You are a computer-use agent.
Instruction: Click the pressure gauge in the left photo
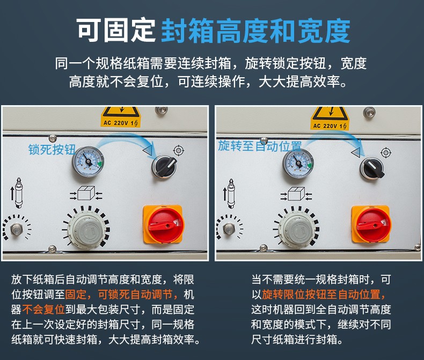(x=88, y=161)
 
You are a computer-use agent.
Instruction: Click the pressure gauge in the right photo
(x=298, y=163)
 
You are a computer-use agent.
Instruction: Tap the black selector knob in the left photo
(x=164, y=166)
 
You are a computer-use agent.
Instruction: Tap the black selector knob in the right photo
(x=372, y=168)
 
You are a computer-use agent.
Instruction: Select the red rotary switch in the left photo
(x=163, y=225)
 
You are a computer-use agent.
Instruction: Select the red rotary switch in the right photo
(x=371, y=225)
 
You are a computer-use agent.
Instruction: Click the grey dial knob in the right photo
(x=297, y=229)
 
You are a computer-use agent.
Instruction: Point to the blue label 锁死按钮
(x=52, y=150)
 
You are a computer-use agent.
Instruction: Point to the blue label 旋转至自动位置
(x=260, y=146)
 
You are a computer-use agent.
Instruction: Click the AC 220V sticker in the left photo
(x=121, y=117)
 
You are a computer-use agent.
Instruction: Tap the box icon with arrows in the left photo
(x=86, y=193)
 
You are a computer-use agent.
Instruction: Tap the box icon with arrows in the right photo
(x=296, y=194)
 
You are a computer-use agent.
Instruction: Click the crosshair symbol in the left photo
(x=179, y=150)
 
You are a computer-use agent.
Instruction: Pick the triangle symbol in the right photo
(x=356, y=153)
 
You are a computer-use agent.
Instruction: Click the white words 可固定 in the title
(x=116, y=30)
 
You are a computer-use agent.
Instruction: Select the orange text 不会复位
(x=43, y=309)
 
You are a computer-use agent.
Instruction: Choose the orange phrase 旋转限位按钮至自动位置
(x=324, y=295)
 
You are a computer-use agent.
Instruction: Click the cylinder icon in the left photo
(x=18, y=193)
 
